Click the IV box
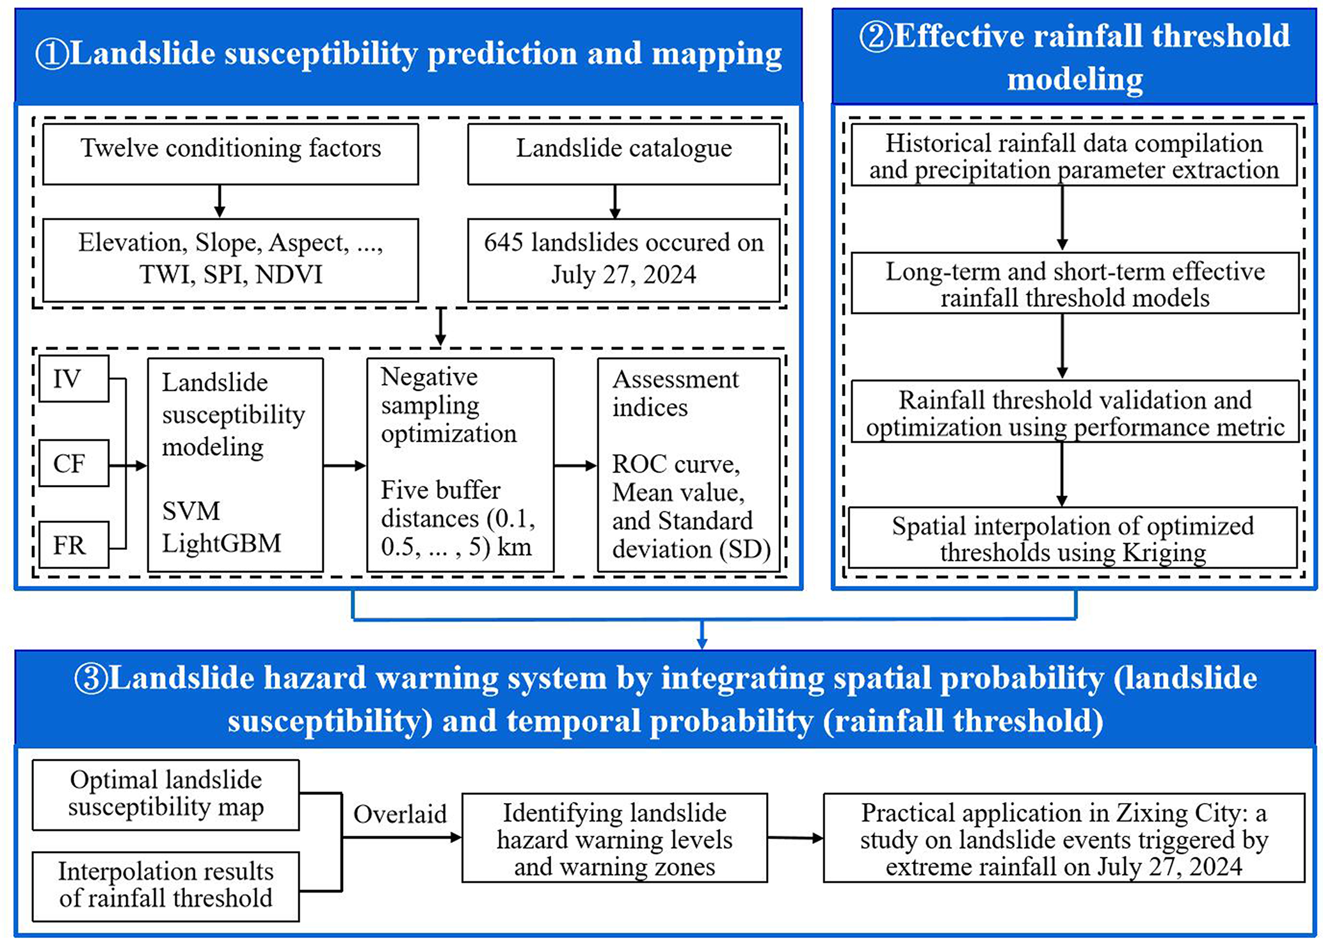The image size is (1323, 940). point(74,379)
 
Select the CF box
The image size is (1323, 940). point(74,463)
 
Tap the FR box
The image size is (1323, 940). point(74,545)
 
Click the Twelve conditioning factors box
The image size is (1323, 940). point(230,154)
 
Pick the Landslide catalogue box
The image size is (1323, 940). point(623,154)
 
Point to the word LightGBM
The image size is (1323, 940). point(221,543)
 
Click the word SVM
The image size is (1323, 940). point(191,511)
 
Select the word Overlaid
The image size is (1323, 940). point(400,815)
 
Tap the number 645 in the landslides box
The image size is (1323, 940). point(504,243)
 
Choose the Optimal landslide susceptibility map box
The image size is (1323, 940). point(166,794)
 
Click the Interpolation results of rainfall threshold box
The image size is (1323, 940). point(166,886)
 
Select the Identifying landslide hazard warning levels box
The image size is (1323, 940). point(614,838)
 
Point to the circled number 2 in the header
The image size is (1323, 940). point(876,36)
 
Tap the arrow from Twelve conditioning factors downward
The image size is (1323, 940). point(220,202)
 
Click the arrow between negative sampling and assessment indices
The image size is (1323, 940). point(575,466)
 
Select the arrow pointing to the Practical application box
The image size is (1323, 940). point(795,838)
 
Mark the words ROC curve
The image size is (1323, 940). point(676,464)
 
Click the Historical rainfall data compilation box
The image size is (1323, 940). point(1074,155)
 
